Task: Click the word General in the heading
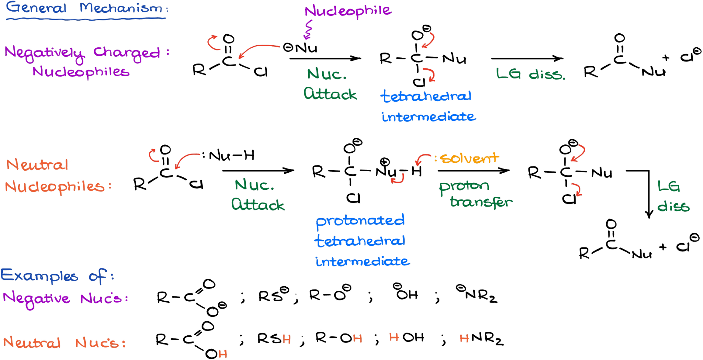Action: point(36,8)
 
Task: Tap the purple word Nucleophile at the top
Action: point(348,11)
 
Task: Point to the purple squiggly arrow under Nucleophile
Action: point(308,30)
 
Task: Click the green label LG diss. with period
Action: point(530,74)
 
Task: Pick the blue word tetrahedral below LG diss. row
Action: point(426,96)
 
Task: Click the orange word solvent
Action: point(470,158)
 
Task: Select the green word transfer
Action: point(481,202)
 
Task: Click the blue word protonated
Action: point(360,221)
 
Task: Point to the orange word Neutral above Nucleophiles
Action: point(37,165)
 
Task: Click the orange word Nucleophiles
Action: point(55,187)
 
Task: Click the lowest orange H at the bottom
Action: point(223,354)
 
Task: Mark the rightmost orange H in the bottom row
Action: point(464,339)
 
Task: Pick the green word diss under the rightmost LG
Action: point(673,207)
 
